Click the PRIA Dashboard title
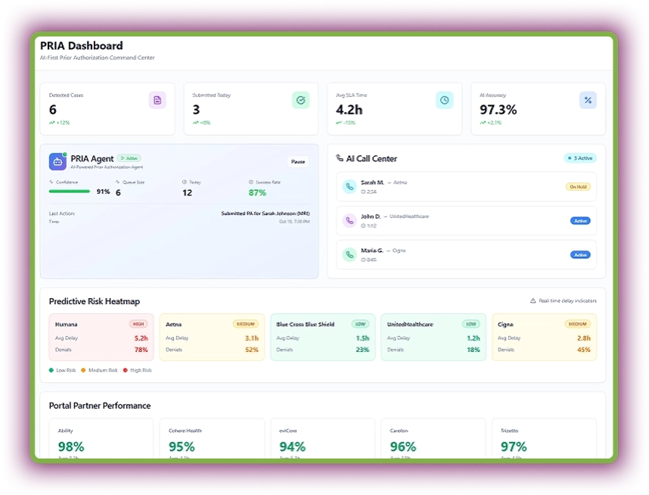[82, 45]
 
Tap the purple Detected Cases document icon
[157, 100]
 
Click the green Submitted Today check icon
[301, 100]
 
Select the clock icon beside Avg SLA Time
[445, 100]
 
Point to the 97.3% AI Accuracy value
[498, 110]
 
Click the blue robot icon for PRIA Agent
[57, 161]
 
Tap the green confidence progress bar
[70, 191]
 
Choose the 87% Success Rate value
[257, 192]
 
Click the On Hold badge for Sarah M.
[578, 186]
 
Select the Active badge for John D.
[580, 221]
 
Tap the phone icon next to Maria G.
[349, 254]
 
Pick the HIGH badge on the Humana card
[138, 324]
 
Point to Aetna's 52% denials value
[252, 350]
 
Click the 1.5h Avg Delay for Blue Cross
[362, 338]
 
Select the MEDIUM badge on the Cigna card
[577, 324]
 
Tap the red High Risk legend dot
[127, 370]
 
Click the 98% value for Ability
[70, 447]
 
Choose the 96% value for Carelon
[403, 447]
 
